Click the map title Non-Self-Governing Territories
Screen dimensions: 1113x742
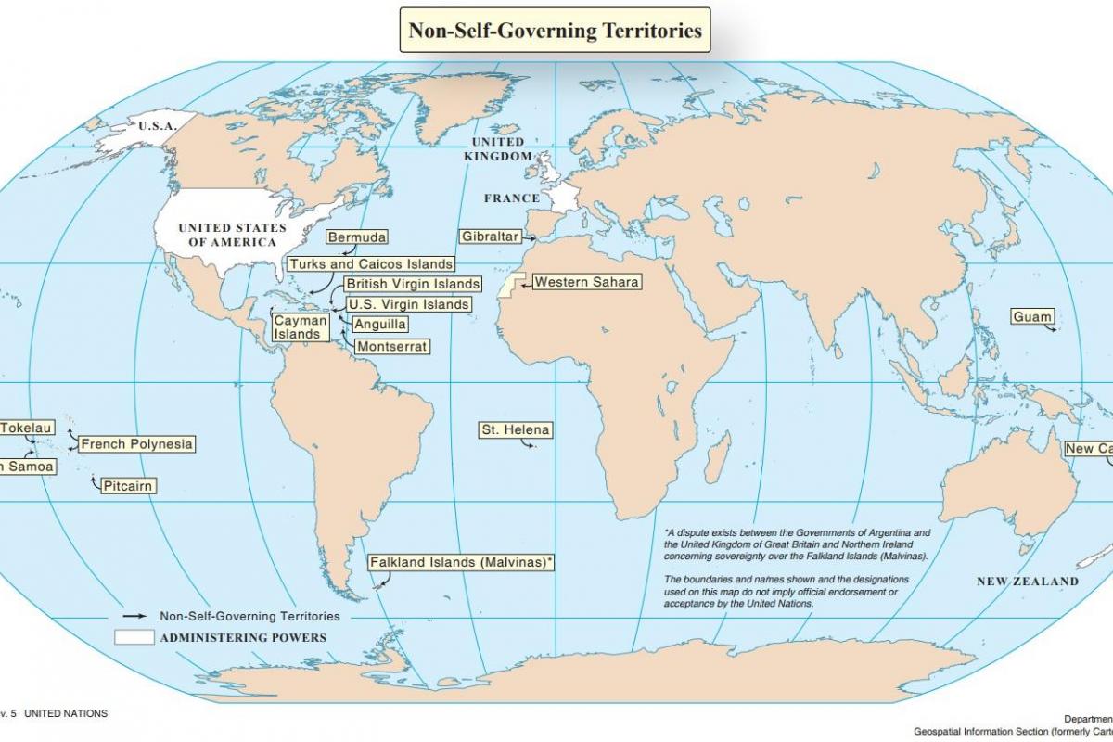point(556,31)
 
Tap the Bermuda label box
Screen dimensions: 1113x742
point(357,237)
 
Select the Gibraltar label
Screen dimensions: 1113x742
point(490,237)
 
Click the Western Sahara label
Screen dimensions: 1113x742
point(586,282)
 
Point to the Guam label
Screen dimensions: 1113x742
point(1032,317)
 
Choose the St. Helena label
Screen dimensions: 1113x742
point(515,430)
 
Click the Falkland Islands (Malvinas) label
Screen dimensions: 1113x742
point(461,562)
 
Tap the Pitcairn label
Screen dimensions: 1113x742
point(128,486)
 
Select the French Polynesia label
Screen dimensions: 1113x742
point(136,444)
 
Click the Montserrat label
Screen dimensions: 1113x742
point(392,346)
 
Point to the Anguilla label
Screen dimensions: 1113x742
point(380,325)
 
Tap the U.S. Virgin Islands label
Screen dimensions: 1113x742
point(408,304)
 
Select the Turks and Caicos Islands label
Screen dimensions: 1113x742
point(371,264)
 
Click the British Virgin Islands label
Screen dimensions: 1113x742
point(413,284)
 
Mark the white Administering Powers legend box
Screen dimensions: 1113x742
point(134,637)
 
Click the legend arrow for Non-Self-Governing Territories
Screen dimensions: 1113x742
point(134,616)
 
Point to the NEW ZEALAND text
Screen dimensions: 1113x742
point(1028,582)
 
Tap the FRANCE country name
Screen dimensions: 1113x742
point(511,198)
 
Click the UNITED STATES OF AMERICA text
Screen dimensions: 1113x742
point(233,235)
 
